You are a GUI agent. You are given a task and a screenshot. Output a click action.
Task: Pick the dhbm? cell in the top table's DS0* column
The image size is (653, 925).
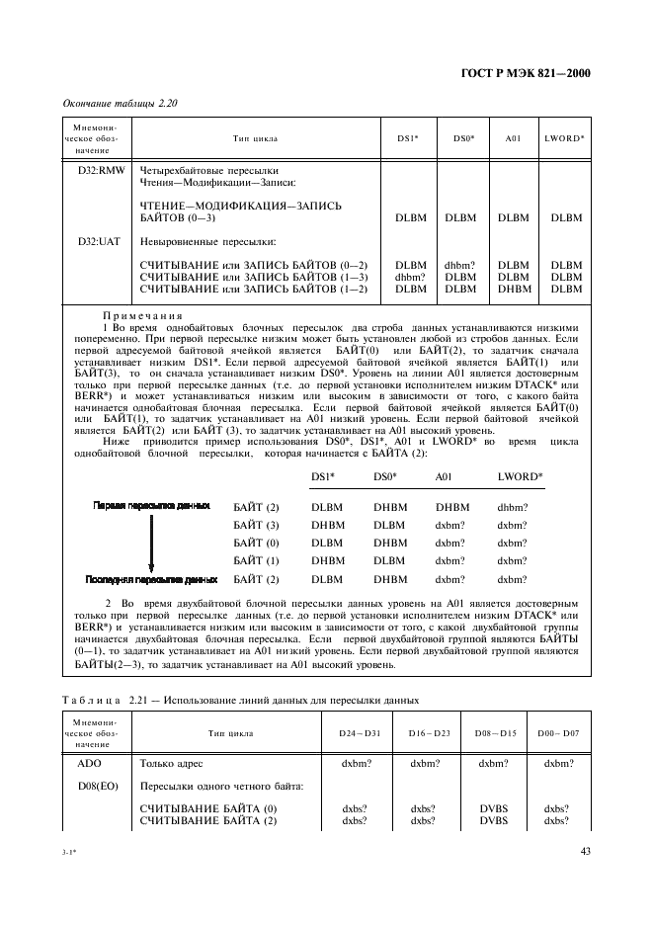point(459,265)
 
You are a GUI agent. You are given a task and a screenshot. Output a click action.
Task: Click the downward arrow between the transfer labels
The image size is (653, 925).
point(152,543)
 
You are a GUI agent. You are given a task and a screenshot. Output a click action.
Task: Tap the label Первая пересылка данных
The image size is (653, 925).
point(151,505)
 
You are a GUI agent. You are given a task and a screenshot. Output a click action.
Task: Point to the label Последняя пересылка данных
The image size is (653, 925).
point(151,580)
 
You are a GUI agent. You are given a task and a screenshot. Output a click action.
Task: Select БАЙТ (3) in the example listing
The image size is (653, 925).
point(256,525)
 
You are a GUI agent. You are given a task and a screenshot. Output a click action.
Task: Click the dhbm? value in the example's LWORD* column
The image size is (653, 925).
point(512,506)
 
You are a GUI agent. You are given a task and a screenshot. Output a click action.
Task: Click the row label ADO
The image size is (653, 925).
point(90,763)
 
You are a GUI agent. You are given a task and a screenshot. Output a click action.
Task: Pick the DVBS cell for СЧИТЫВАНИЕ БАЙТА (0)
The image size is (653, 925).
point(493,808)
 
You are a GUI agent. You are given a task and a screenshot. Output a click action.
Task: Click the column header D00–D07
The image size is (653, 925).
point(557,734)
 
